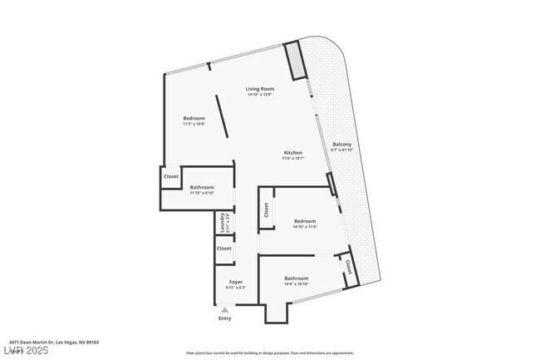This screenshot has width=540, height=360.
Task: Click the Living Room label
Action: (259, 89)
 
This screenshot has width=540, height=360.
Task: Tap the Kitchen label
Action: (292, 153)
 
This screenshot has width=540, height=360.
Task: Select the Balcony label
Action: (342, 145)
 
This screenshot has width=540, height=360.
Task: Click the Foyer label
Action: (236, 283)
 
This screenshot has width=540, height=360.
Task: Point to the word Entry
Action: (224, 318)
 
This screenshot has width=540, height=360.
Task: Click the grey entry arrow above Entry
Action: (224, 309)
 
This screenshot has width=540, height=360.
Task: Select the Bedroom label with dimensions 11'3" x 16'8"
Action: (194, 118)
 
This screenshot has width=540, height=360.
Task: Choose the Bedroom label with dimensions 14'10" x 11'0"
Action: (305, 220)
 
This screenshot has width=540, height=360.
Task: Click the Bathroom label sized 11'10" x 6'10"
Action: (202, 187)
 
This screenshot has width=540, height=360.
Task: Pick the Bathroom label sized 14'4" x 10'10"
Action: (297, 279)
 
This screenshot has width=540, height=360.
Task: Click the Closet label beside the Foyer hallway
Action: (223, 249)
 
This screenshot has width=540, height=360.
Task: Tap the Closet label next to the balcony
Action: (348, 268)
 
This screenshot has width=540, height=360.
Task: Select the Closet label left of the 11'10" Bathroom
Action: (171, 176)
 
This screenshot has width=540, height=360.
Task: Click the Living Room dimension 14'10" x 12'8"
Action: (259, 95)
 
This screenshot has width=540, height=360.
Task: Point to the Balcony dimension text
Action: (342, 150)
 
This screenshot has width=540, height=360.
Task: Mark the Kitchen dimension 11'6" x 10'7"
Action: (292, 159)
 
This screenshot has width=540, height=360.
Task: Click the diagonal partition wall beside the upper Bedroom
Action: (222, 116)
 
